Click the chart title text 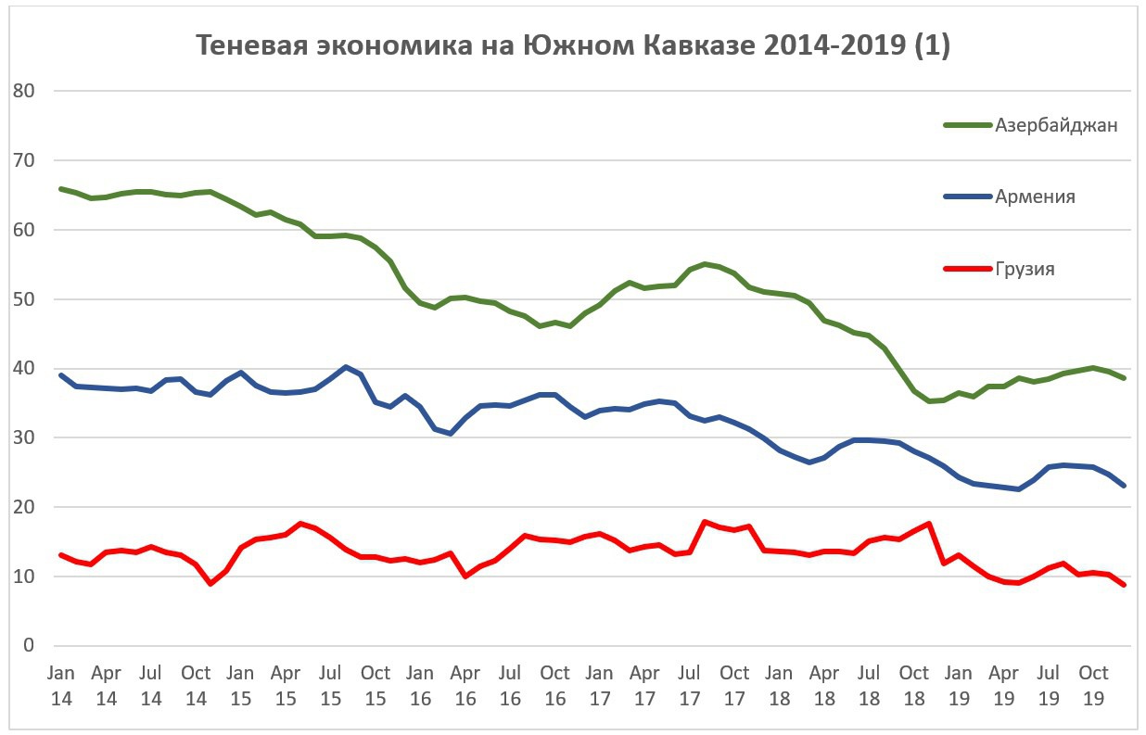click(x=572, y=45)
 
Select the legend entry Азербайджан click(x=1056, y=125)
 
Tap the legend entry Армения click(x=1035, y=196)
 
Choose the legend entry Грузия click(x=1025, y=270)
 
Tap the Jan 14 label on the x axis click(x=61, y=685)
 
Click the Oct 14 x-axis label click(x=196, y=685)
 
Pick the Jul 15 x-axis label click(x=330, y=685)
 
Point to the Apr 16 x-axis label click(x=465, y=685)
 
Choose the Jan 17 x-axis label click(x=599, y=685)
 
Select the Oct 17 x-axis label click(x=734, y=685)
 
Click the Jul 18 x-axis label click(x=869, y=685)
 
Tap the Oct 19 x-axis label click(x=1095, y=685)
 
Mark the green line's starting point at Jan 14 click(x=61, y=189)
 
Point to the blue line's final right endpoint click(x=1124, y=486)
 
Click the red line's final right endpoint click(x=1124, y=585)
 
